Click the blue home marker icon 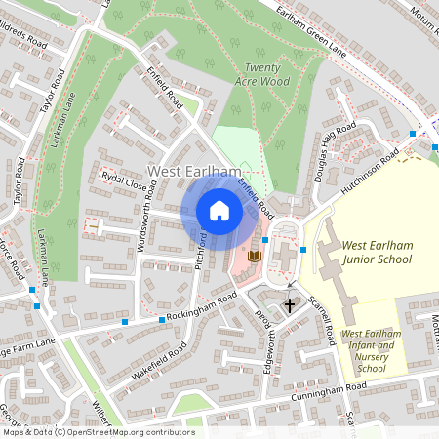(x=219, y=211)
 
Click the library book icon (x=255, y=256)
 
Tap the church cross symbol (x=289, y=305)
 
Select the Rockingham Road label (x=202, y=307)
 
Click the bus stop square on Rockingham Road (x=162, y=320)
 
